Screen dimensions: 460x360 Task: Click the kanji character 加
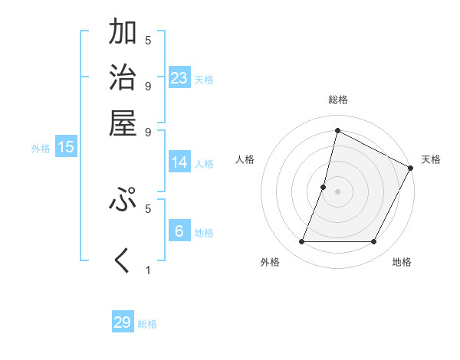123,32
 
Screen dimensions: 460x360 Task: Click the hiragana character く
123,260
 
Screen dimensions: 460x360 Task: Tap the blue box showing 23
179,78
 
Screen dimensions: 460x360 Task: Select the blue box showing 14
179,162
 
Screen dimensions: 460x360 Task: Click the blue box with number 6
179,231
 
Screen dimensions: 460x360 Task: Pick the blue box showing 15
66,148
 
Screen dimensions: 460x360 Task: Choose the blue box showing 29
123,322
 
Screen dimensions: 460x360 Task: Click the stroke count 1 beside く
148,270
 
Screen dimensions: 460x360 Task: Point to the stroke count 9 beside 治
148,86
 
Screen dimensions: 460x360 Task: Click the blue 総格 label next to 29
148,324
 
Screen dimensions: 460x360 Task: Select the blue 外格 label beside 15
41,149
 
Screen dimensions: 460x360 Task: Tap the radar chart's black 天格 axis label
432,159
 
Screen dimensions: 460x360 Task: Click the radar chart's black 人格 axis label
245,159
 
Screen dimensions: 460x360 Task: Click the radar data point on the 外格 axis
302,242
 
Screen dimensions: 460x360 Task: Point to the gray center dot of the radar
338,191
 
